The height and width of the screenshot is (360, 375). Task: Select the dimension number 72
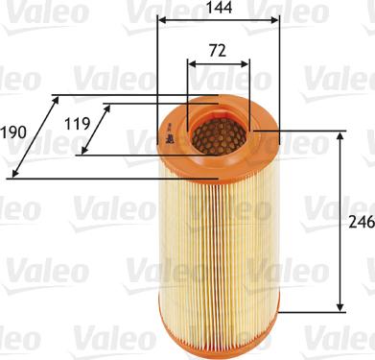(x=218, y=50)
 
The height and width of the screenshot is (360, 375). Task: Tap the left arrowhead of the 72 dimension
(x=191, y=64)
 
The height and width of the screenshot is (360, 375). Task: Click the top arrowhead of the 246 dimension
(x=340, y=137)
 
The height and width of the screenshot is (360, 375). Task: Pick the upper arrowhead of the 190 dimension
(x=53, y=99)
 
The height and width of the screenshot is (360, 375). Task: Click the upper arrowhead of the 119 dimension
(x=104, y=108)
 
